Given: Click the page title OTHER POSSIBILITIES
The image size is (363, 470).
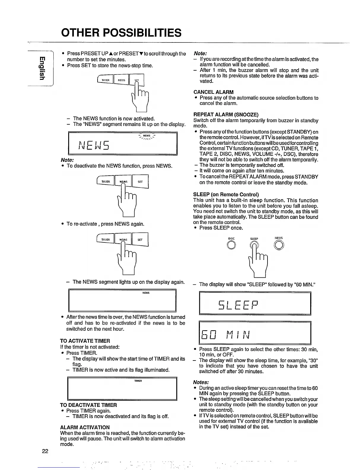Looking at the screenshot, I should [x=121, y=32].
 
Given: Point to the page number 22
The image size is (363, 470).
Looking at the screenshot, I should [x=45, y=451].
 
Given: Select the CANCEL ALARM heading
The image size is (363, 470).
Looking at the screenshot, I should [x=213, y=92].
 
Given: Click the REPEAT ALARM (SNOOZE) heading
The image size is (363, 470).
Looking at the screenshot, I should [x=226, y=115].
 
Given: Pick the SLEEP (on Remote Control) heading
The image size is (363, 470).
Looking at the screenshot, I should [x=226, y=195].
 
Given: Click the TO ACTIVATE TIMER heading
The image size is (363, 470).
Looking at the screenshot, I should [x=85, y=341].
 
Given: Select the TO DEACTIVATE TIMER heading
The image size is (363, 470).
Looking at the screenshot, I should [x=88, y=405].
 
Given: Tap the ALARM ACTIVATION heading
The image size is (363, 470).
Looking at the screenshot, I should [x=85, y=427].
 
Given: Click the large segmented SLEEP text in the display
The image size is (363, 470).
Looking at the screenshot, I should [x=239, y=304].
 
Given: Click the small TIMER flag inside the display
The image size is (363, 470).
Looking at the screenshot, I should [x=138, y=381].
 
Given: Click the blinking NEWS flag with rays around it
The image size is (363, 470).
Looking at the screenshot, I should [x=147, y=136].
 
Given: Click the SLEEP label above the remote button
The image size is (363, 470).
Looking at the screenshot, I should [x=254, y=238].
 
